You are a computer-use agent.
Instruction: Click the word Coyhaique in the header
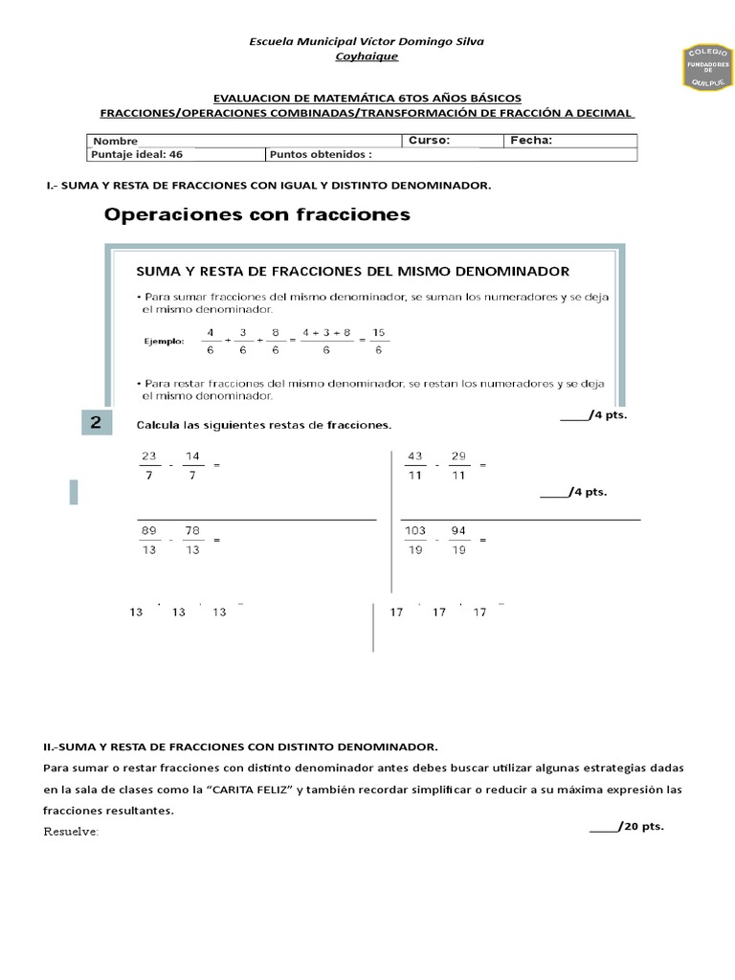pyautogui.click(x=367, y=56)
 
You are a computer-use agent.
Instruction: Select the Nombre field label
pyautogui.click(x=116, y=141)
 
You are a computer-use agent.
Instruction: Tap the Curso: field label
pyautogui.click(x=429, y=140)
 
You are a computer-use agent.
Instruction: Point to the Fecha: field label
pyautogui.click(x=531, y=140)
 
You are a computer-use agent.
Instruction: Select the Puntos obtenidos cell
pyautogui.click(x=321, y=153)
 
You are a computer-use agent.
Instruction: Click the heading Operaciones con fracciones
pyautogui.click(x=256, y=215)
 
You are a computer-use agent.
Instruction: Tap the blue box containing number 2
pyautogui.click(x=97, y=423)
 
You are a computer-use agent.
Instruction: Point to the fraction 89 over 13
pyautogui.click(x=148, y=540)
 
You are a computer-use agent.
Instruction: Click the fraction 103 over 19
pyautogui.click(x=414, y=540)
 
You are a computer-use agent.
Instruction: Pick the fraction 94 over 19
pyautogui.click(x=458, y=540)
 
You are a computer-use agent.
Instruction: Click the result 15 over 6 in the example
pyautogui.click(x=378, y=342)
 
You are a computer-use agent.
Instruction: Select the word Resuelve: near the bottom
pyautogui.click(x=71, y=831)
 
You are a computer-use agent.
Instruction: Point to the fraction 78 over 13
pyautogui.click(x=192, y=540)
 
